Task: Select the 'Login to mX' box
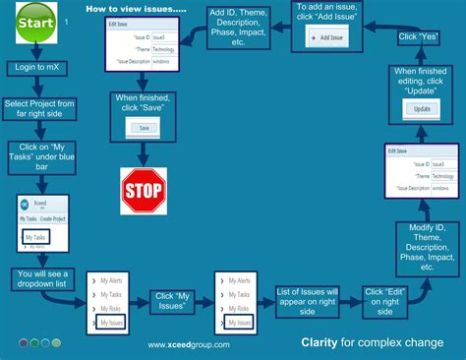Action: pyautogui.click(x=38, y=68)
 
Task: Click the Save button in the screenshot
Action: pyautogui.click(x=144, y=128)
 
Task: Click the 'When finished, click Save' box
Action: pyautogui.click(x=145, y=104)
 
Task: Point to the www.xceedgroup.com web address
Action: pyautogui.click(x=189, y=345)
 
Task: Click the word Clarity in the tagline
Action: pyautogui.click(x=320, y=344)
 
